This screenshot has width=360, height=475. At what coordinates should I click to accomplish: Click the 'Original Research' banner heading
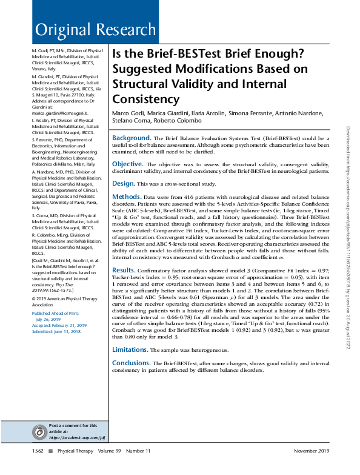tap(96, 30)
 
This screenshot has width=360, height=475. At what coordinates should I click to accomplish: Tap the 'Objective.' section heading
tap(127, 164)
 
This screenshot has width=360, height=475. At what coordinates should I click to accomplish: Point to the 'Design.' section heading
tap(124, 183)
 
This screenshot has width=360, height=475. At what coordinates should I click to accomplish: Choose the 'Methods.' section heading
tap(127, 197)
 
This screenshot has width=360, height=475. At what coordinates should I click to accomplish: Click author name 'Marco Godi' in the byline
tap(127, 115)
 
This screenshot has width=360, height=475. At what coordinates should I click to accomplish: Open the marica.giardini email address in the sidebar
tap(60, 113)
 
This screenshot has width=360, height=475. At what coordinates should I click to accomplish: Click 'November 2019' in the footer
tap(310, 451)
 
